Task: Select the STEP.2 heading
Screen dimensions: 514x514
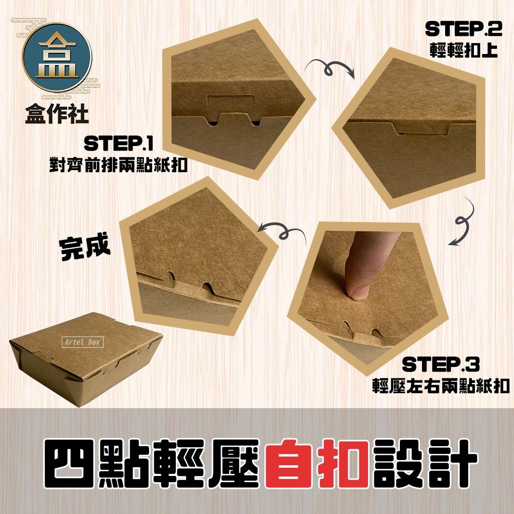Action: (x=461, y=30)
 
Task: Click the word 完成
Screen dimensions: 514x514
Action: (x=85, y=248)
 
